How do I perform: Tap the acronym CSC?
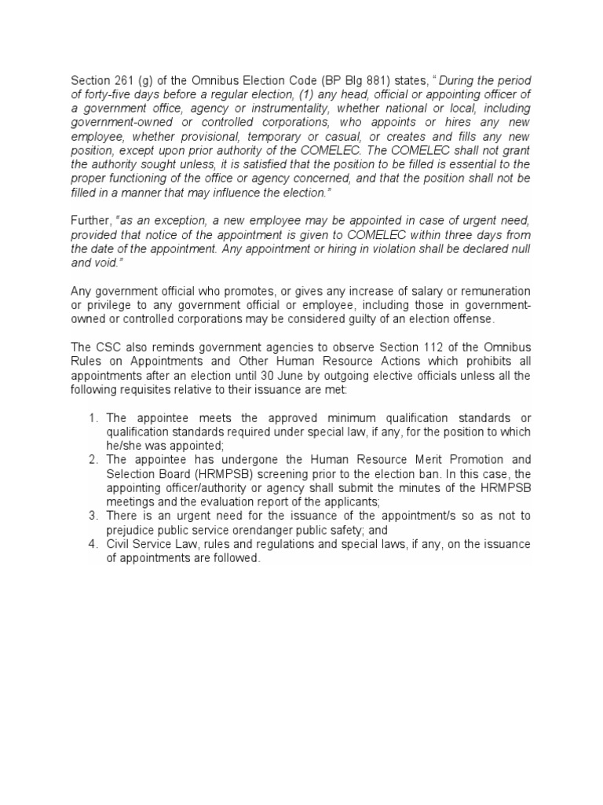[108, 348]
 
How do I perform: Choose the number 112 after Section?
[423, 348]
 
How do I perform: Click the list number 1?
[93, 417]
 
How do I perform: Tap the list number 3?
[93, 515]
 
